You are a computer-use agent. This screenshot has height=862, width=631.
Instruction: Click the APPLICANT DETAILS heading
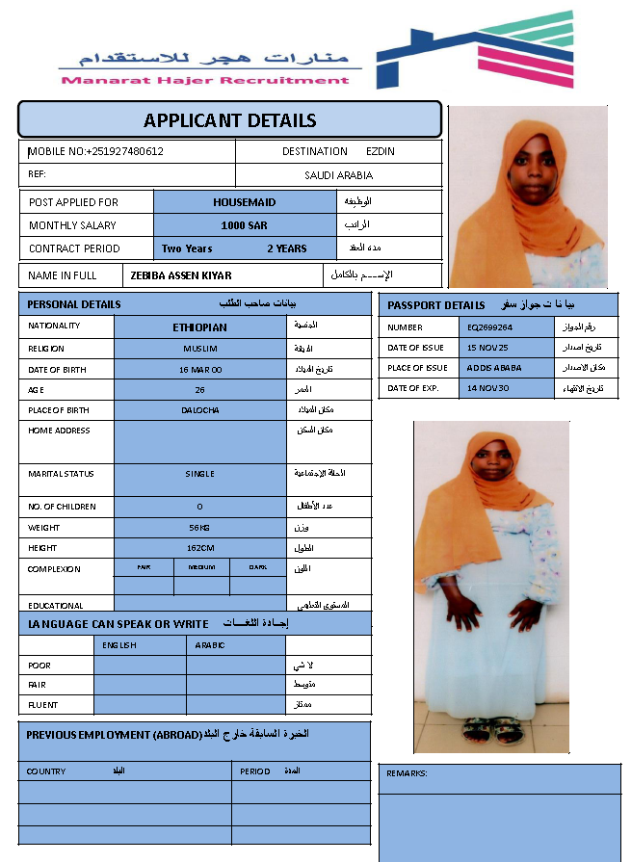click(229, 120)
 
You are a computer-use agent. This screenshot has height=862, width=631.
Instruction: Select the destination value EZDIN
click(381, 151)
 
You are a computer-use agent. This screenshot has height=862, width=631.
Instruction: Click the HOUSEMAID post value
click(244, 202)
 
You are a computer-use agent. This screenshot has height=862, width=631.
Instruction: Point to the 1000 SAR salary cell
click(244, 225)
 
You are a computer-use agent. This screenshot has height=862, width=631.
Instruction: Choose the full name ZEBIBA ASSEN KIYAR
click(181, 275)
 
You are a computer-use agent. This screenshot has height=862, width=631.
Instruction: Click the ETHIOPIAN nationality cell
click(200, 327)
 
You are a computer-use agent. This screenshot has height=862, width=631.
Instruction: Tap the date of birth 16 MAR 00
click(200, 370)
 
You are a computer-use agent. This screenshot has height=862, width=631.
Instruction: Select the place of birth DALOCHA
click(200, 410)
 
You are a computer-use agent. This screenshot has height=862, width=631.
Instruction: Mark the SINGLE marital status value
click(200, 474)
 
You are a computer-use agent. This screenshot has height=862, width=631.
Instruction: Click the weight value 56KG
click(200, 528)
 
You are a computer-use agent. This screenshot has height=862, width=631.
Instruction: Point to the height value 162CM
click(200, 548)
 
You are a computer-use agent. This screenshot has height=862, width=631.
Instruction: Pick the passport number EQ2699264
click(489, 327)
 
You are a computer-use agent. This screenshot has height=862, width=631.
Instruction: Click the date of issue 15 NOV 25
click(488, 348)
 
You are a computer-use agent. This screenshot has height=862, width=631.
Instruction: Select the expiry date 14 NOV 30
click(488, 388)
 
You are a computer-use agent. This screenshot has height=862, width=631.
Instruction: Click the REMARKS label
click(407, 773)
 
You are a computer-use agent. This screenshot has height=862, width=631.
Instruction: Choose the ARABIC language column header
click(210, 645)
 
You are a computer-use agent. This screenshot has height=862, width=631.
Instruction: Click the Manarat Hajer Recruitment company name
click(205, 80)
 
